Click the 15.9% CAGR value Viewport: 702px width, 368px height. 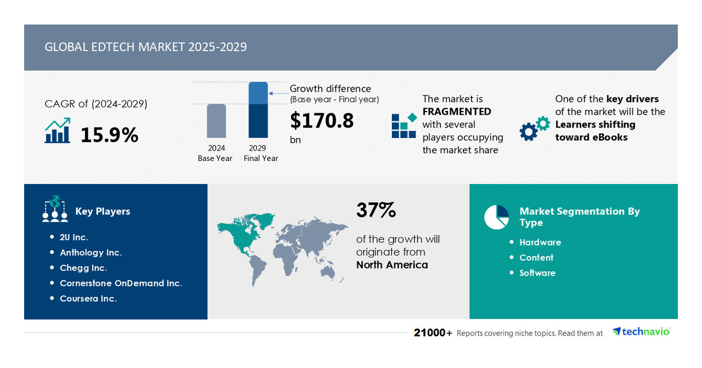click(109, 135)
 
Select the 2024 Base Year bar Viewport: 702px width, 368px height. click(216, 121)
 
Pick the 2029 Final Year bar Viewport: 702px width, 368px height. click(258, 110)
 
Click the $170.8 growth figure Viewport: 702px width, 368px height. click(322, 120)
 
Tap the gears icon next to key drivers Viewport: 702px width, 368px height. click(534, 129)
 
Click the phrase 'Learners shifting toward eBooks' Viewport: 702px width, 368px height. click(595, 131)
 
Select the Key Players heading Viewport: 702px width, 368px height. click(103, 211)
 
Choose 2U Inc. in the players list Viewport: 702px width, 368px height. click(74, 237)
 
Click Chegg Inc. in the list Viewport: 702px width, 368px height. click(83, 268)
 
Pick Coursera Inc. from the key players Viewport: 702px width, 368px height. click(88, 299)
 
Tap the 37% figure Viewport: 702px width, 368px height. click(376, 210)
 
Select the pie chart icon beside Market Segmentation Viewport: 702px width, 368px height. click(496, 217)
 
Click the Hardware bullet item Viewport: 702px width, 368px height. click(540, 242)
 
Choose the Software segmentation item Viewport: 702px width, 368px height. click(537, 273)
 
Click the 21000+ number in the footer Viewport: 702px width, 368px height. click(433, 333)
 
